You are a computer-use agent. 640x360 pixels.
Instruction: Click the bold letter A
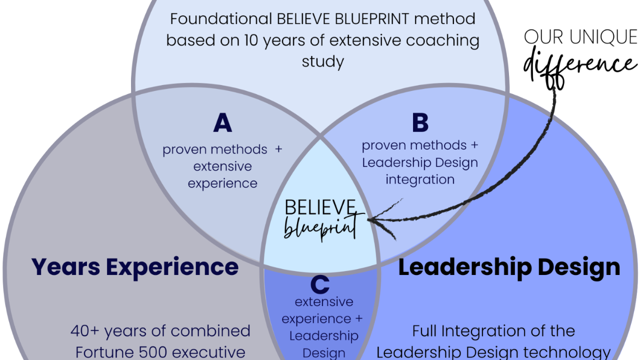[222, 123]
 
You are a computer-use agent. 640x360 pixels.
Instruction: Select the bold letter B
[420, 123]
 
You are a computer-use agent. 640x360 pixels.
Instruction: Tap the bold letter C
[320, 284]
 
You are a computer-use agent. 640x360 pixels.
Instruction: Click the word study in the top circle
[322, 62]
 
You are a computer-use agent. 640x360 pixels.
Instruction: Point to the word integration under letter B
[419, 179]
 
